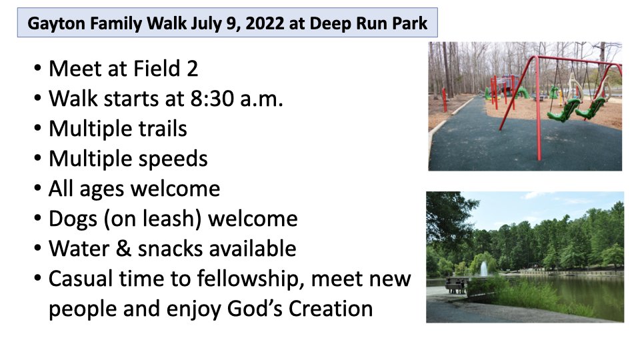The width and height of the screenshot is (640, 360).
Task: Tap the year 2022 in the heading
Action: pos(265,23)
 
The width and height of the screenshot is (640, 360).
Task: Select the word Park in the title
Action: pos(409,23)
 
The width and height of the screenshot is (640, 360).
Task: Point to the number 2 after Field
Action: pos(192,69)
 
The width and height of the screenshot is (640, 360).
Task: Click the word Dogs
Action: pos(73,219)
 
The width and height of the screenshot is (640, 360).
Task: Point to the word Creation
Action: pos(331,309)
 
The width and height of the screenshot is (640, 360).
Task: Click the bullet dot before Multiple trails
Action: pos(37,129)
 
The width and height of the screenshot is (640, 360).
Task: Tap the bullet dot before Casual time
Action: pos(37,279)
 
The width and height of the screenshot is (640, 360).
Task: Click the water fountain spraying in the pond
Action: pos(484,269)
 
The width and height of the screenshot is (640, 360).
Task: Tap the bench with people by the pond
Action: pos(455,286)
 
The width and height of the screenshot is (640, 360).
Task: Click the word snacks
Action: pos(171,249)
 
